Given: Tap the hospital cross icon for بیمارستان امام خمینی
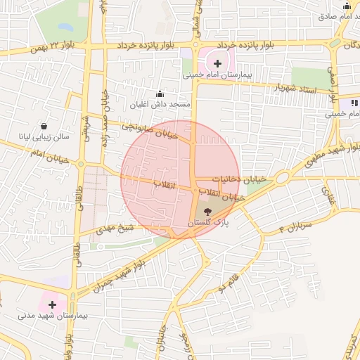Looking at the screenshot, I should [x=217, y=64].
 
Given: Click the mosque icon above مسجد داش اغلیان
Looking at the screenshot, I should [x=160, y=94].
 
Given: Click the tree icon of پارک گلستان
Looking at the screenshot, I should [x=207, y=210].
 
